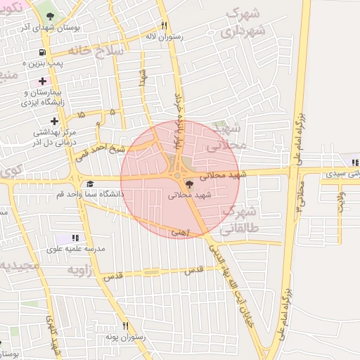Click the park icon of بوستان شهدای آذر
(x=49, y=15)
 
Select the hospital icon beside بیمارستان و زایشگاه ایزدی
(x=43, y=81)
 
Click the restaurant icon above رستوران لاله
(x=164, y=25)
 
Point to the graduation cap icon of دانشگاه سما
(x=90, y=183)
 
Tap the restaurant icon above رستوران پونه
(x=126, y=326)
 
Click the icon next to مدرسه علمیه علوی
(x=75, y=238)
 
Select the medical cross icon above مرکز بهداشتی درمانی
(x=54, y=121)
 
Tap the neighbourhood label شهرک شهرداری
(x=243, y=23)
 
